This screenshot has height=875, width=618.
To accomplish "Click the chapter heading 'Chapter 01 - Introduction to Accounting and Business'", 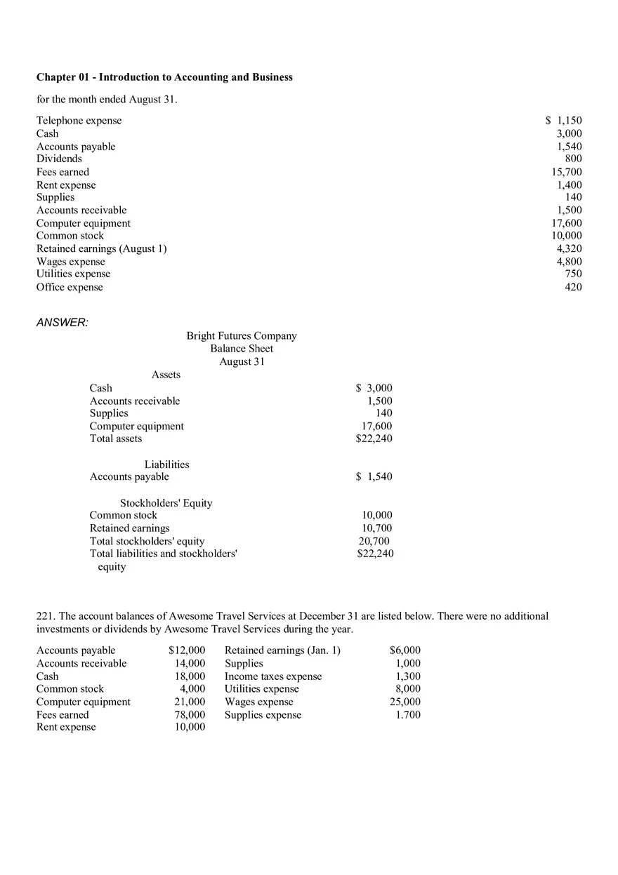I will point(164,77).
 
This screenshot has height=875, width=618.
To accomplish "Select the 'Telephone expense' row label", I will point(79,121).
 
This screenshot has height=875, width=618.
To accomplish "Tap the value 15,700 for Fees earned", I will point(567,172).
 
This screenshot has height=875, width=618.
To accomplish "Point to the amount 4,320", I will point(569,248).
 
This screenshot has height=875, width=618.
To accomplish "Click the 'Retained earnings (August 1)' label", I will point(101,248).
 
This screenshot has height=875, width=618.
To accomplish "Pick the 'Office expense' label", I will point(70,287).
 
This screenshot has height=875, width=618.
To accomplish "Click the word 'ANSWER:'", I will point(62,323).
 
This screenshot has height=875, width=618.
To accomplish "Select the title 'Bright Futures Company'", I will point(242,336).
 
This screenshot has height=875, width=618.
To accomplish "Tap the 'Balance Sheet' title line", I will point(242,349).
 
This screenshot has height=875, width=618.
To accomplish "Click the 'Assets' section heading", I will point(166,375).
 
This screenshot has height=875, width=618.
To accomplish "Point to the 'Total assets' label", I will point(115,439).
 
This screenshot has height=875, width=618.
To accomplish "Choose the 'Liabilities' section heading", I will point(166,465).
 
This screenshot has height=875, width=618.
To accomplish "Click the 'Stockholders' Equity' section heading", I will point(166,503).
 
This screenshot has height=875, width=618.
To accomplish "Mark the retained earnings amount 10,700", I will point(377,528).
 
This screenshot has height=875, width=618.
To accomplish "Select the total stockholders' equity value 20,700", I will point(374,541).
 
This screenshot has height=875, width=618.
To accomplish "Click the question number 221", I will point(45,616).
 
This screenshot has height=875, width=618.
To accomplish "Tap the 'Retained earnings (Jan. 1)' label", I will point(282,650).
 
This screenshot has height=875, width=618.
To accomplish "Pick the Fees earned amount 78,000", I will point(190,715).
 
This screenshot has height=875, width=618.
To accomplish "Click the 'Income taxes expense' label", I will point(273,676).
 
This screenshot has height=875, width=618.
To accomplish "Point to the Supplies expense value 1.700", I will point(407,715).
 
